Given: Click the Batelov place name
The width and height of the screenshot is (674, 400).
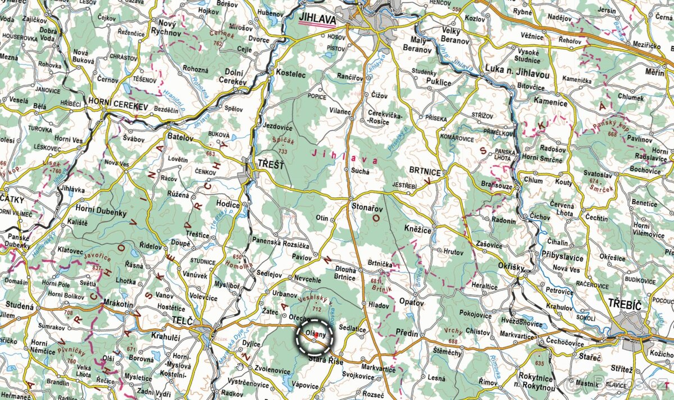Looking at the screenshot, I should click(180, 137).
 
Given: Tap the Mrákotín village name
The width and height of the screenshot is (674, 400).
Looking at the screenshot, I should click(119, 304).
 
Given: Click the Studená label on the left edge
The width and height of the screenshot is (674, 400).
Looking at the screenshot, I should click(20, 306).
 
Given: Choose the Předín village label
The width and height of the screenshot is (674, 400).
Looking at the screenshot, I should click(407, 333).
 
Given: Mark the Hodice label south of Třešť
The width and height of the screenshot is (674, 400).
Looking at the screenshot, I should click(228, 205).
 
